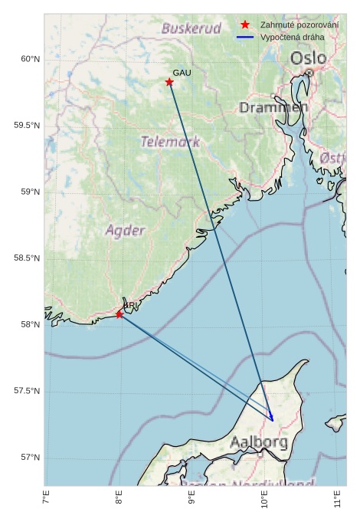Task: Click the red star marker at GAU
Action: point(169,82)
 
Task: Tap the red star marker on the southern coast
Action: point(119,314)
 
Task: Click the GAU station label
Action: point(182,73)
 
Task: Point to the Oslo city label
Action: point(308,58)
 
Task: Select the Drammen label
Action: point(273,108)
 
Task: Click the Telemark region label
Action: point(170,142)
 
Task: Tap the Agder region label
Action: point(125,230)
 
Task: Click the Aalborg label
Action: point(259,442)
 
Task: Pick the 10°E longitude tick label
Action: point(265,503)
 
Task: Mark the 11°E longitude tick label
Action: point(338,503)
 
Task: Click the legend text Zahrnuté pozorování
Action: point(299,25)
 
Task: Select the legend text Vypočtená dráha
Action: point(292,37)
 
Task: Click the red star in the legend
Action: point(245,25)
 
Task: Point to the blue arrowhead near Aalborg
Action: point(271,417)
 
